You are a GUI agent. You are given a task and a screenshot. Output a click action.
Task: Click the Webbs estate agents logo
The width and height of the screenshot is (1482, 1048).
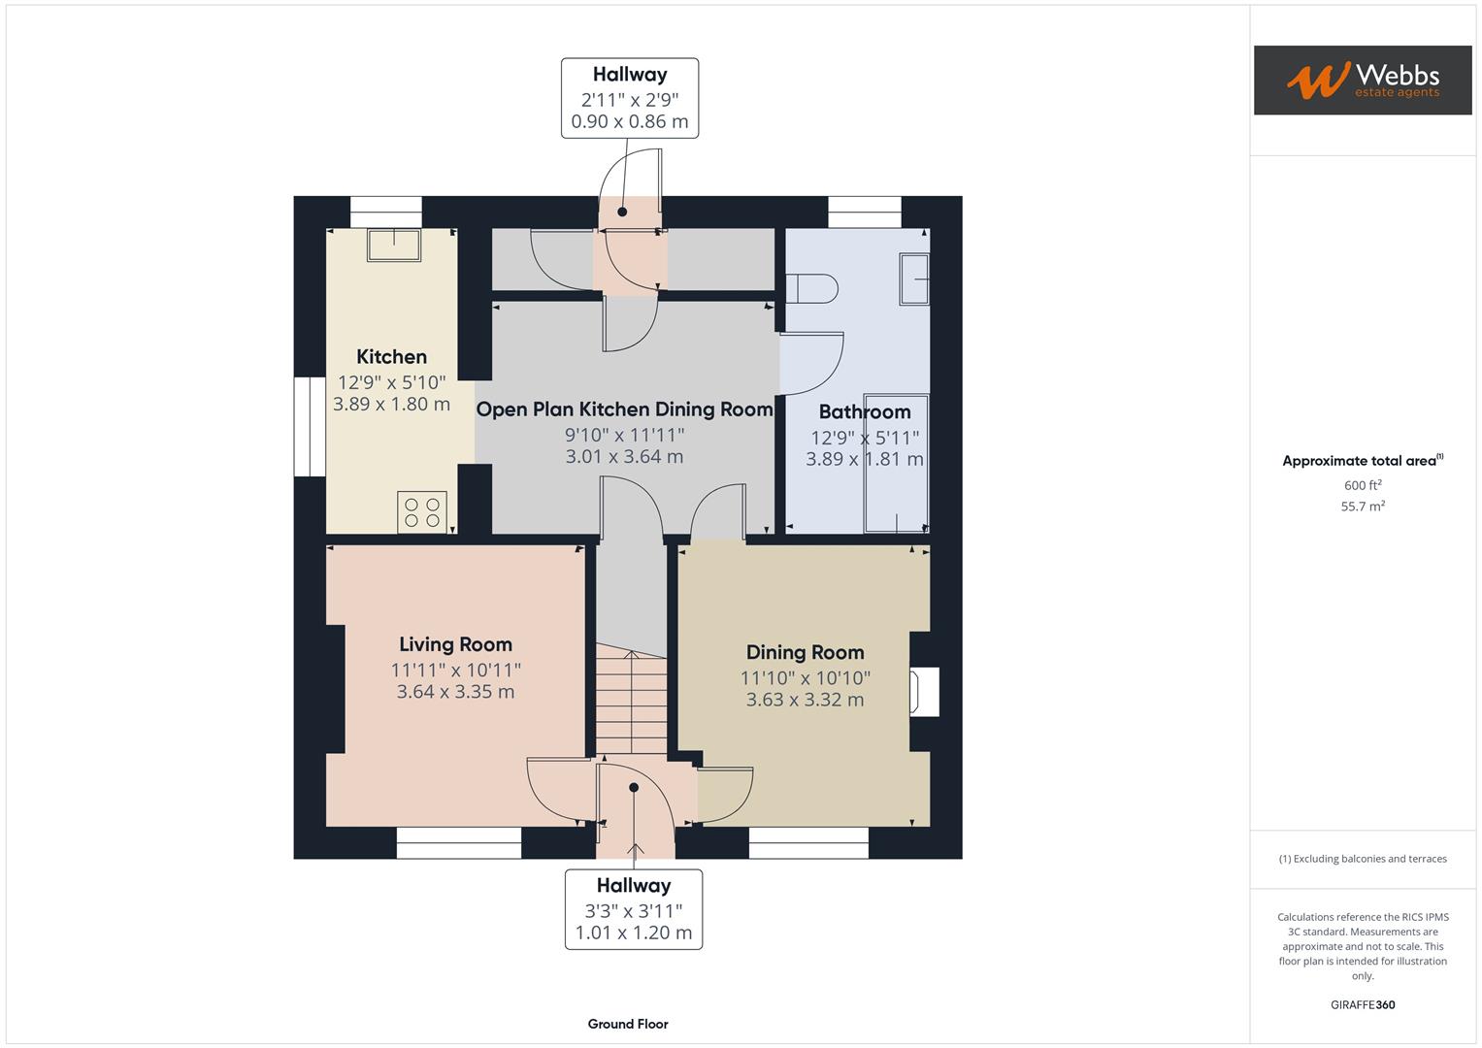coord(1362,80)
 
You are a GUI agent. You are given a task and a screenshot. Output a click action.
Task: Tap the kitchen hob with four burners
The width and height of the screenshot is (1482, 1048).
coord(422,512)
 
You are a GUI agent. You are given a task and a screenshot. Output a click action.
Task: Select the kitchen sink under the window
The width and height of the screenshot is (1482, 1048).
coord(393,245)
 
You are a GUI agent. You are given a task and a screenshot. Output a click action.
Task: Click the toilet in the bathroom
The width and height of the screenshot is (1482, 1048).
coord(811,288)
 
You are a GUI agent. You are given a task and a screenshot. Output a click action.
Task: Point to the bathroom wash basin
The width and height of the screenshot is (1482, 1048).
coord(914,279)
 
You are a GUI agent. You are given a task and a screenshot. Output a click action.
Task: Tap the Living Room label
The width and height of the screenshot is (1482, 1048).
coord(455,644)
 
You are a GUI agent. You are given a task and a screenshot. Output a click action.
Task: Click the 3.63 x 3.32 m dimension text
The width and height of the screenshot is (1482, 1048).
coord(805,700)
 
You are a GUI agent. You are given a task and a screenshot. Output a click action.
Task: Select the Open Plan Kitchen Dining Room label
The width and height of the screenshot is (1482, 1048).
coord(624,409)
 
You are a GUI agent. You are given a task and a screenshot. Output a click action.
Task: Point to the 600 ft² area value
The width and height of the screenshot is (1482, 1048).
coord(1362,485)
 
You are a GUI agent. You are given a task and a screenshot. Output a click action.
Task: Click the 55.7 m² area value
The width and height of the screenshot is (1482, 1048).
coord(1362,507)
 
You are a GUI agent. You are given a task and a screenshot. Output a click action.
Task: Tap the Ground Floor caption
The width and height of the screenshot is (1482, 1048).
coord(627,1024)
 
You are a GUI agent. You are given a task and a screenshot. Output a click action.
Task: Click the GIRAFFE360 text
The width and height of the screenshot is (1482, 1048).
coord(1362,1004)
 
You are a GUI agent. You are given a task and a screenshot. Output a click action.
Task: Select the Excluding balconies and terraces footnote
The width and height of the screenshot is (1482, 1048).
coord(1362,859)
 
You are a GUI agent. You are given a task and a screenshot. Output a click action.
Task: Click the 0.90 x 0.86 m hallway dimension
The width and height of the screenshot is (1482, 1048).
coord(629,121)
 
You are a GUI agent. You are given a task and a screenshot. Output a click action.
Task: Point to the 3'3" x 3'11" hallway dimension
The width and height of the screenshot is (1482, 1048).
coord(633,910)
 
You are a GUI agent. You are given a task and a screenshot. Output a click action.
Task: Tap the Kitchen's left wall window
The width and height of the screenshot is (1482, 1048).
coord(310,426)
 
